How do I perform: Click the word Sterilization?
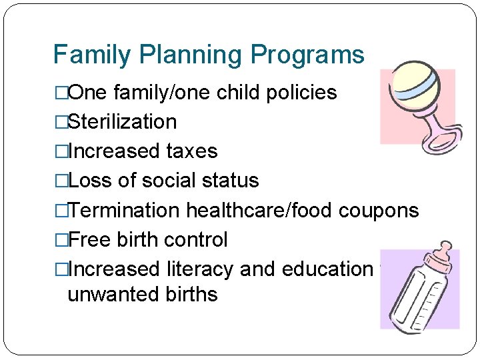(x=123, y=122)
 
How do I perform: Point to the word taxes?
(x=192, y=151)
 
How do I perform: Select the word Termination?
(x=125, y=211)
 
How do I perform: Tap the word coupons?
(x=379, y=211)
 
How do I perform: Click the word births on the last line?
(x=190, y=294)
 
